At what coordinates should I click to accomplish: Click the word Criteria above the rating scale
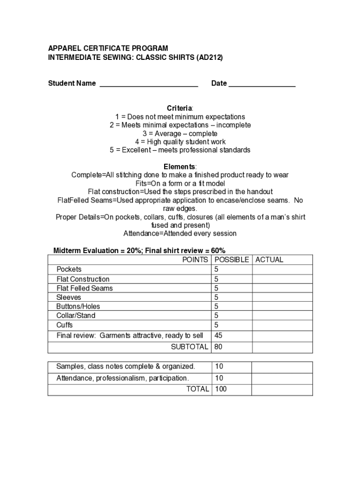(180, 109)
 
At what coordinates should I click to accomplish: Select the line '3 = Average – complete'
(180, 134)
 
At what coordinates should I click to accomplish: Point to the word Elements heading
(180, 167)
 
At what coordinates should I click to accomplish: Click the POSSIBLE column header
(231, 260)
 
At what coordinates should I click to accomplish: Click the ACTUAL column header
(269, 260)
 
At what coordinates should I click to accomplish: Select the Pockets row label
(69, 269)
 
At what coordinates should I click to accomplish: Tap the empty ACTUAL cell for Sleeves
(282, 298)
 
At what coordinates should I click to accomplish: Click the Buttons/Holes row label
(78, 306)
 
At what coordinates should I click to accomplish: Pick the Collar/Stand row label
(76, 316)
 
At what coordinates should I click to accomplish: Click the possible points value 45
(218, 335)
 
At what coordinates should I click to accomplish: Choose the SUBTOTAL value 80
(218, 347)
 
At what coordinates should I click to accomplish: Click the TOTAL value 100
(220, 389)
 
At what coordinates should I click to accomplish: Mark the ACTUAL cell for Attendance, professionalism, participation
(282, 378)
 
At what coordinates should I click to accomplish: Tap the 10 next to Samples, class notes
(218, 366)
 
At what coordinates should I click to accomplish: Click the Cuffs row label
(65, 325)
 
